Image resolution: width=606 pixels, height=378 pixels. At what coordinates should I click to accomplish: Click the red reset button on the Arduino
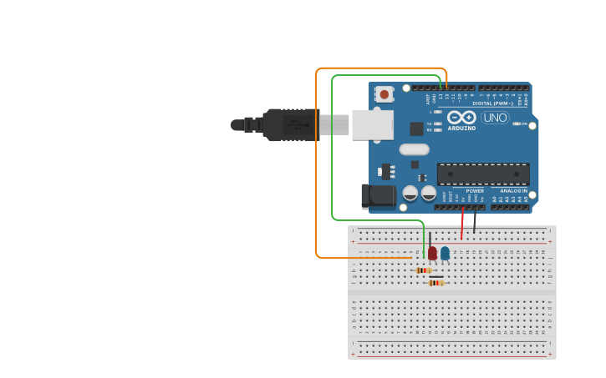(x=384, y=94)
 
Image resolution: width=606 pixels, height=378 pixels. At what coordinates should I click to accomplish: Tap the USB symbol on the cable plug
(x=293, y=125)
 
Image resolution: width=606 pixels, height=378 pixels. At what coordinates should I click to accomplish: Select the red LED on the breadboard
(x=432, y=252)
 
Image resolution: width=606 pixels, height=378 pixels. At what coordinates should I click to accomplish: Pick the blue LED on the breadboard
(x=445, y=252)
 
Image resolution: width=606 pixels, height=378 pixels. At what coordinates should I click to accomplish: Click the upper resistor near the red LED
(x=423, y=270)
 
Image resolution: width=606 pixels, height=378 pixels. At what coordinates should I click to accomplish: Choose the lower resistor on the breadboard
(x=435, y=283)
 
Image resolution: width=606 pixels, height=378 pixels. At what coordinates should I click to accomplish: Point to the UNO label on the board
(x=495, y=118)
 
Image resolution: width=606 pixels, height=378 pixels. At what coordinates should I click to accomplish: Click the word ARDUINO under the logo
(x=461, y=129)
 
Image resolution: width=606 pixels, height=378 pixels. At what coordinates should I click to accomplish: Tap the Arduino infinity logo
(x=461, y=118)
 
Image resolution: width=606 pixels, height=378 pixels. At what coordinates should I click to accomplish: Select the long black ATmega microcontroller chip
(x=483, y=174)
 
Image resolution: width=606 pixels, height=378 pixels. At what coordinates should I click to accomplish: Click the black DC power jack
(x=378, y=196)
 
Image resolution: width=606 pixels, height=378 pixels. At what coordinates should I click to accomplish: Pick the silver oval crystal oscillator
(x=414, y=150)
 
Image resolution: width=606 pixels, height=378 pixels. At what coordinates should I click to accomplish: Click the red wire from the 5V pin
(x=462, y=224)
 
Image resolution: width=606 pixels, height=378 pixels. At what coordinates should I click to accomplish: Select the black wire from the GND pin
(x=475, y=220)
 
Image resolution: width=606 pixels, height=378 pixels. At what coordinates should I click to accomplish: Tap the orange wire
(x=316, y=167)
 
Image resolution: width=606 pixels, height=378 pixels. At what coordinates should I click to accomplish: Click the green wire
(x=332, y=150)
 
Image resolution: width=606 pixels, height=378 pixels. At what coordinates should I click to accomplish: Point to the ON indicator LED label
(x=524, y=123)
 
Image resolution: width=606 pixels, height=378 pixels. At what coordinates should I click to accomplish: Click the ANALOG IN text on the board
(x=513, y=191)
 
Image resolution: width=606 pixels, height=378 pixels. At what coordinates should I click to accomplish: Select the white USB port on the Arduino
(x=372, y=124)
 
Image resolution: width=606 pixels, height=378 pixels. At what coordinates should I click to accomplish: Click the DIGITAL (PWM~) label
(x=493, y=103)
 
